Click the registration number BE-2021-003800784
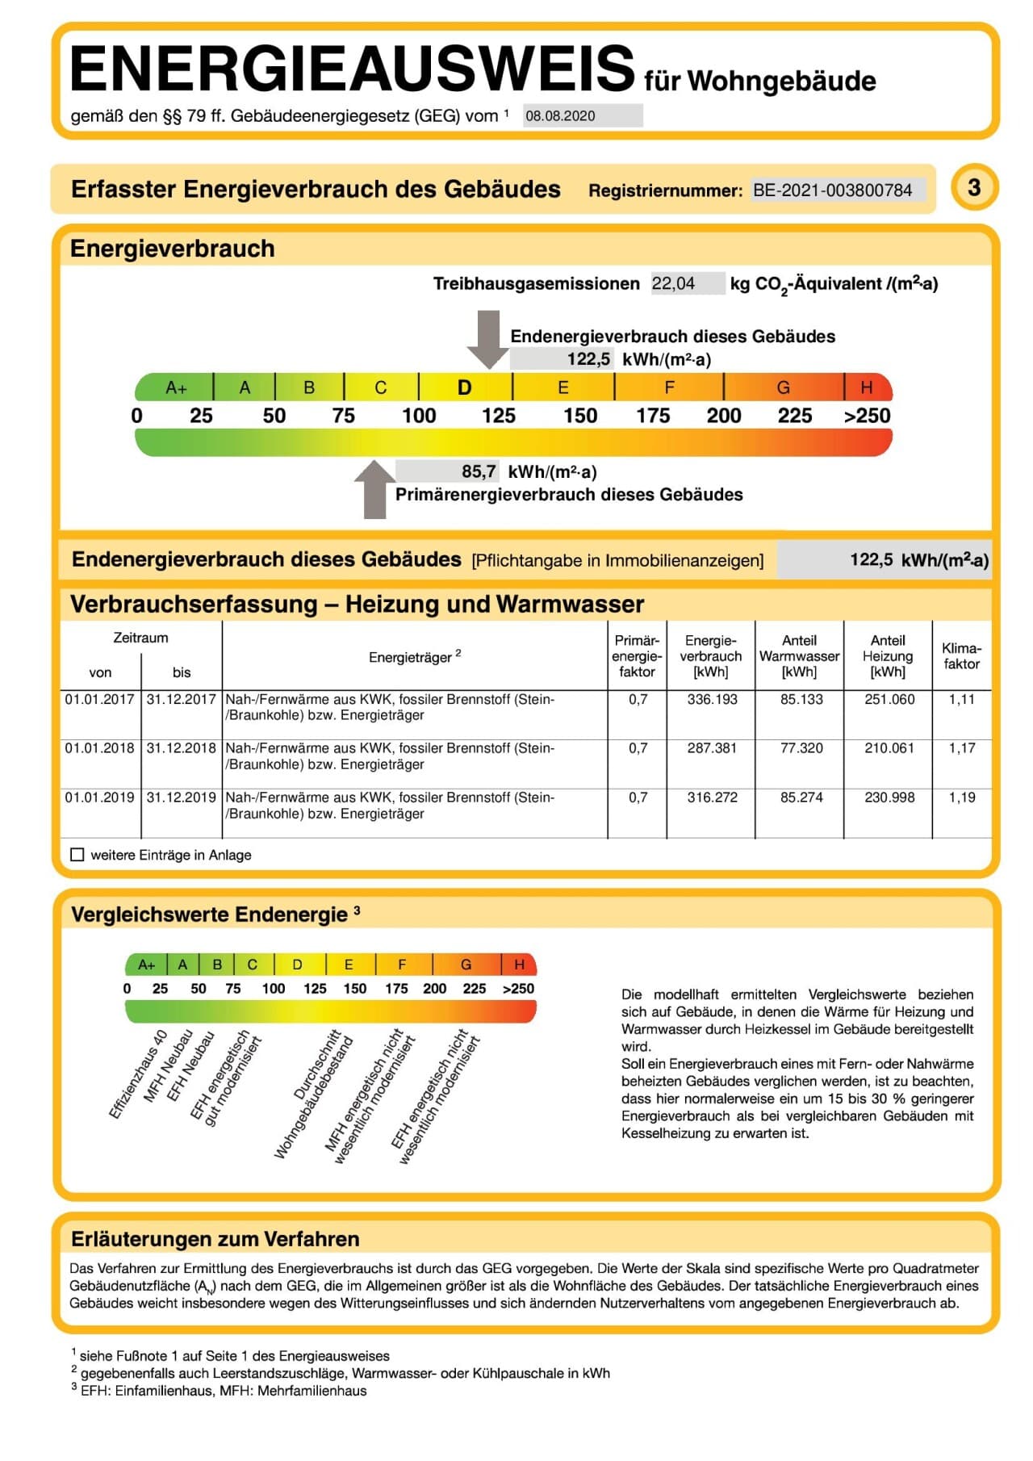(832, 190)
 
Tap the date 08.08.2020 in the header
(560, 116)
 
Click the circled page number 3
(974, 187)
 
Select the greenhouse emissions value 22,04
(673, 283)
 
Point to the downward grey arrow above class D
(488, 339)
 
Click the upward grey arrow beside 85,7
(374, 489)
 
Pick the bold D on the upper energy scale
(464, 388)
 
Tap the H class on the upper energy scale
(867, 387)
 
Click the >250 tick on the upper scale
(867, 416)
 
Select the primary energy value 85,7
(479, 471)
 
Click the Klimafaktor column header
(961, 656)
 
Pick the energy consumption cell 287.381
(712, 748)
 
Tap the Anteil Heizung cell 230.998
(889, 797)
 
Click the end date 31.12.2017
(182, 699)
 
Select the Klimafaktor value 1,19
(962, 797)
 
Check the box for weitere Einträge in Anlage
(77, 855)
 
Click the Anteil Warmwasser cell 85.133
(801, 699)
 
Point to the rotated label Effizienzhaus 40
(138, 1074)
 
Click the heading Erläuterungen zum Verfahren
(215, 1239)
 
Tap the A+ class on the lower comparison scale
(146, 965)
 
